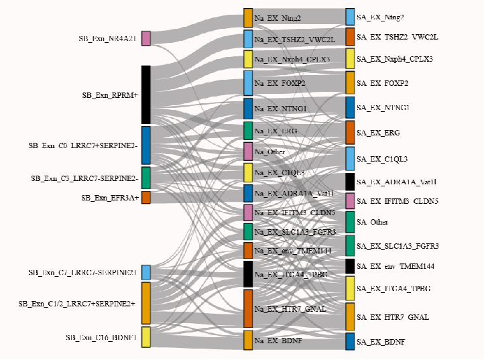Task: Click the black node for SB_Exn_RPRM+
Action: click(145, 94)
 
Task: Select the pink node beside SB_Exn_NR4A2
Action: click(145, 38)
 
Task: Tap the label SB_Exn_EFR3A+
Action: click(110, 198)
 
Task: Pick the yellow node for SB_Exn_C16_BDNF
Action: click(145, 337)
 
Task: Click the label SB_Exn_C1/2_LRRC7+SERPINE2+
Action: click(76, 304)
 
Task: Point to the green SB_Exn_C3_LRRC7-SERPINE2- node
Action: click(145, 178)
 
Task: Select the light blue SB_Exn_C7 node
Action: click(145, 272)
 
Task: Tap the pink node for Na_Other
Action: click(248, 152)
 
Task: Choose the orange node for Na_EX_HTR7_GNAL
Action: click(248, 308)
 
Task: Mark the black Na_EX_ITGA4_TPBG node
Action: click(248, 274)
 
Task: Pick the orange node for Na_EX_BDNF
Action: click(248, 340)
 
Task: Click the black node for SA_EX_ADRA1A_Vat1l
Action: click(350, 181)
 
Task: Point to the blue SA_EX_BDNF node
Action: click(350, 341)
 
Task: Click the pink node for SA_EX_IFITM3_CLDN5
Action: click(350, 200)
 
